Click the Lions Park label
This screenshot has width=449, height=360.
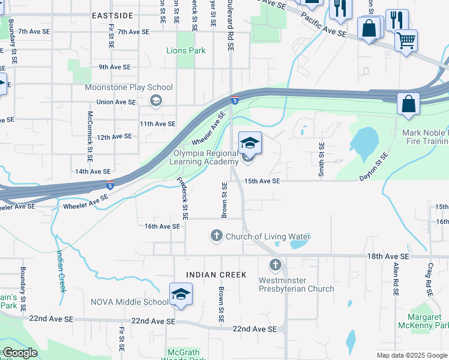(x=185, y=51)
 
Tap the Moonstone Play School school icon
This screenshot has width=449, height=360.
(x=156, y=100)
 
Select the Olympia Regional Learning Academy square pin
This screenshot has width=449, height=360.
(x=250, y=143)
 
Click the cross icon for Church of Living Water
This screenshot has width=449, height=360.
(x=216, y=236)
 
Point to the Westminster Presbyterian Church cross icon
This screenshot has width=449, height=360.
(x=276, y=265)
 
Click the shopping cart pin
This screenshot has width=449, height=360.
(x=406, y=41)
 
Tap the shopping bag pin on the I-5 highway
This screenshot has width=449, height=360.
(x=408, y=104)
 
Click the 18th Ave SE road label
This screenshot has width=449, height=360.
(x=388, y=256)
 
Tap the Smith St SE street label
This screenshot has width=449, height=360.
(x=322, y=160)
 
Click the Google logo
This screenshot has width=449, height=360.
(x=20, y=353)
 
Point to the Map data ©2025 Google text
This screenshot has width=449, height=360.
(x=412, y=355)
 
